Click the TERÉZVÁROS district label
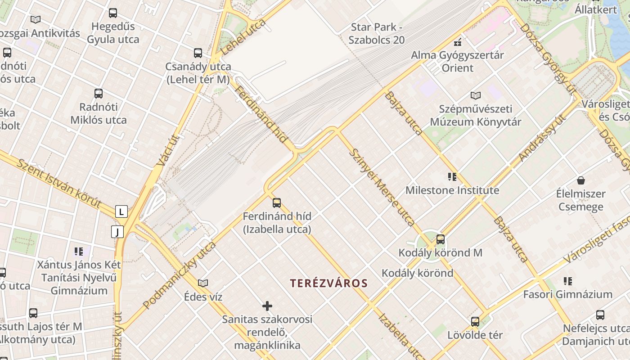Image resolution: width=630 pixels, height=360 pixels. click(329, 283)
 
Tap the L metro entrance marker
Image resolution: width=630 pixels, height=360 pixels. click(121, 211)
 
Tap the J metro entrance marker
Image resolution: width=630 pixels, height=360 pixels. click(117, 232)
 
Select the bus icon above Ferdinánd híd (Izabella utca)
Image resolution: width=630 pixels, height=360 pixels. click(277, 203)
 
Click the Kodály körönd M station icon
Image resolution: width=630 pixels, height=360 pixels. click(441, 239)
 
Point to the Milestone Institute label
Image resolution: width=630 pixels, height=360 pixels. click(452, 190)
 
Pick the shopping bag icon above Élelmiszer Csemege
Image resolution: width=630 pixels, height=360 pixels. click(581, 181)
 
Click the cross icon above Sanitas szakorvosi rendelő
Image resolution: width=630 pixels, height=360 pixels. click(267, 306)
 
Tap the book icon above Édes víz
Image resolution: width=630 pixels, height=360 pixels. click(203, 283)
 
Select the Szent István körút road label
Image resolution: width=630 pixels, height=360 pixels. click(59, 183)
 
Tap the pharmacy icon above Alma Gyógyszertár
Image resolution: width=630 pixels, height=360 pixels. click(458, 42)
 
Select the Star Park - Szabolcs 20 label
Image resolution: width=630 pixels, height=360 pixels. click(377, 34)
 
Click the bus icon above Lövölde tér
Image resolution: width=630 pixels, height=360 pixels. click(475, 322)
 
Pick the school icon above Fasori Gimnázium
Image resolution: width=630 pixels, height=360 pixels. click(568, 281)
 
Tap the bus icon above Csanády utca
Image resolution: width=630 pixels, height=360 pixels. click(198, 53)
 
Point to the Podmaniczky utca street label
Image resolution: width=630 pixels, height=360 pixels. click(180, 275)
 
